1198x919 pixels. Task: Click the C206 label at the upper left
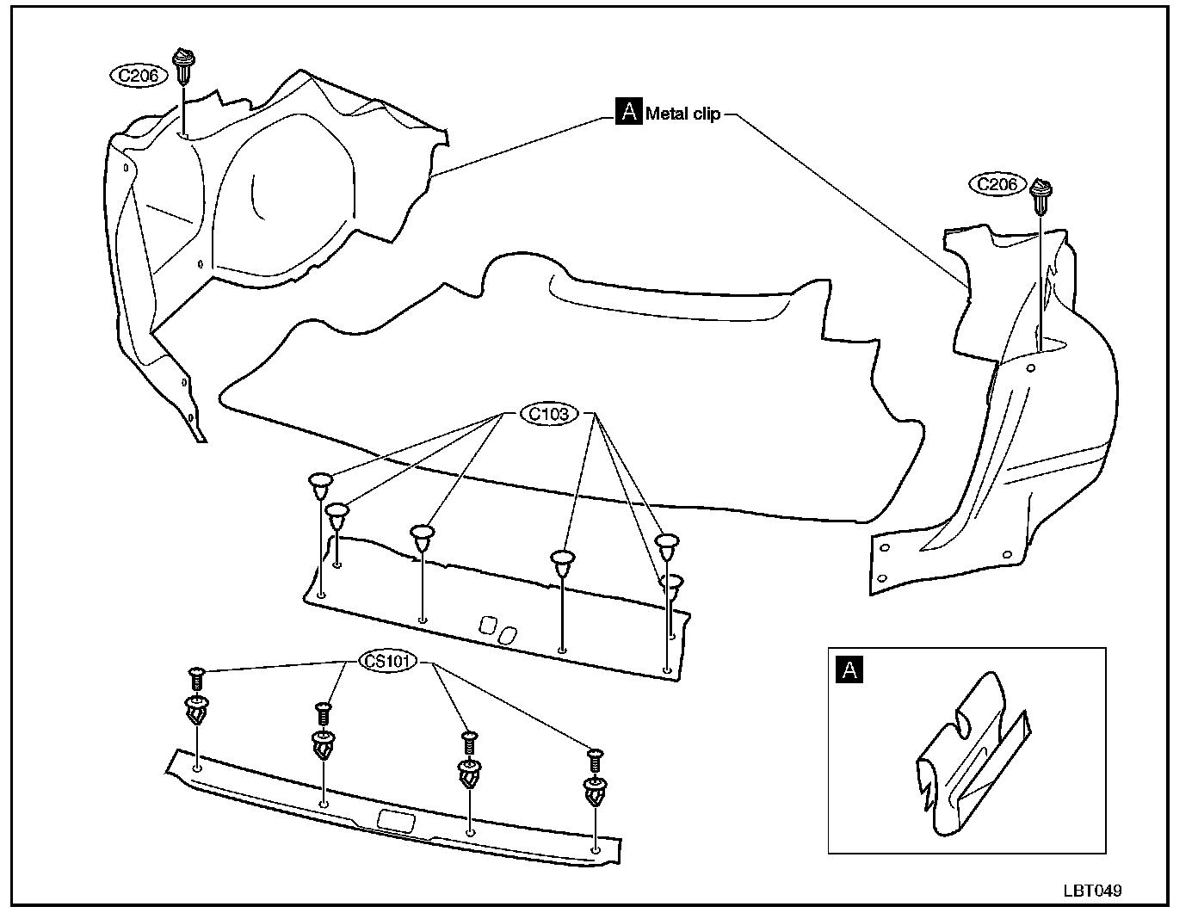pyautogui.click(x=138, y=75)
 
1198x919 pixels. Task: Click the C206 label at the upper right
pyautogui.click(x=997, y=184)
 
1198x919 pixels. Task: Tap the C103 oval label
pyautogui.click(x=549, y=414)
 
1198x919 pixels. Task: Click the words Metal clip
pyautogui.click(x=683, y=114)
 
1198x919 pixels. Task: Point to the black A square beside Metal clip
pyautogui.click(x=628, y=113)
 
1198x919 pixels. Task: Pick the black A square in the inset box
pyautogui.click(x=849, y=669)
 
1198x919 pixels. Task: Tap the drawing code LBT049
pyautogui.click(x=1091, y=891)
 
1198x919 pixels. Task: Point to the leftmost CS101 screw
pyautogui.click(x=196, y=677)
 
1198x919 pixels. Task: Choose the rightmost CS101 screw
pyautogui.click(x=594, y=759)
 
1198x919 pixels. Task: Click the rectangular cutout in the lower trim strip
pyautogui.click(x=395, y=820)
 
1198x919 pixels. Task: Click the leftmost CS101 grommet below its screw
pyautogui.click(x=197, y=711)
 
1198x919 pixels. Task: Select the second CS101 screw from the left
pyautogui.click(x=324, y=712)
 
